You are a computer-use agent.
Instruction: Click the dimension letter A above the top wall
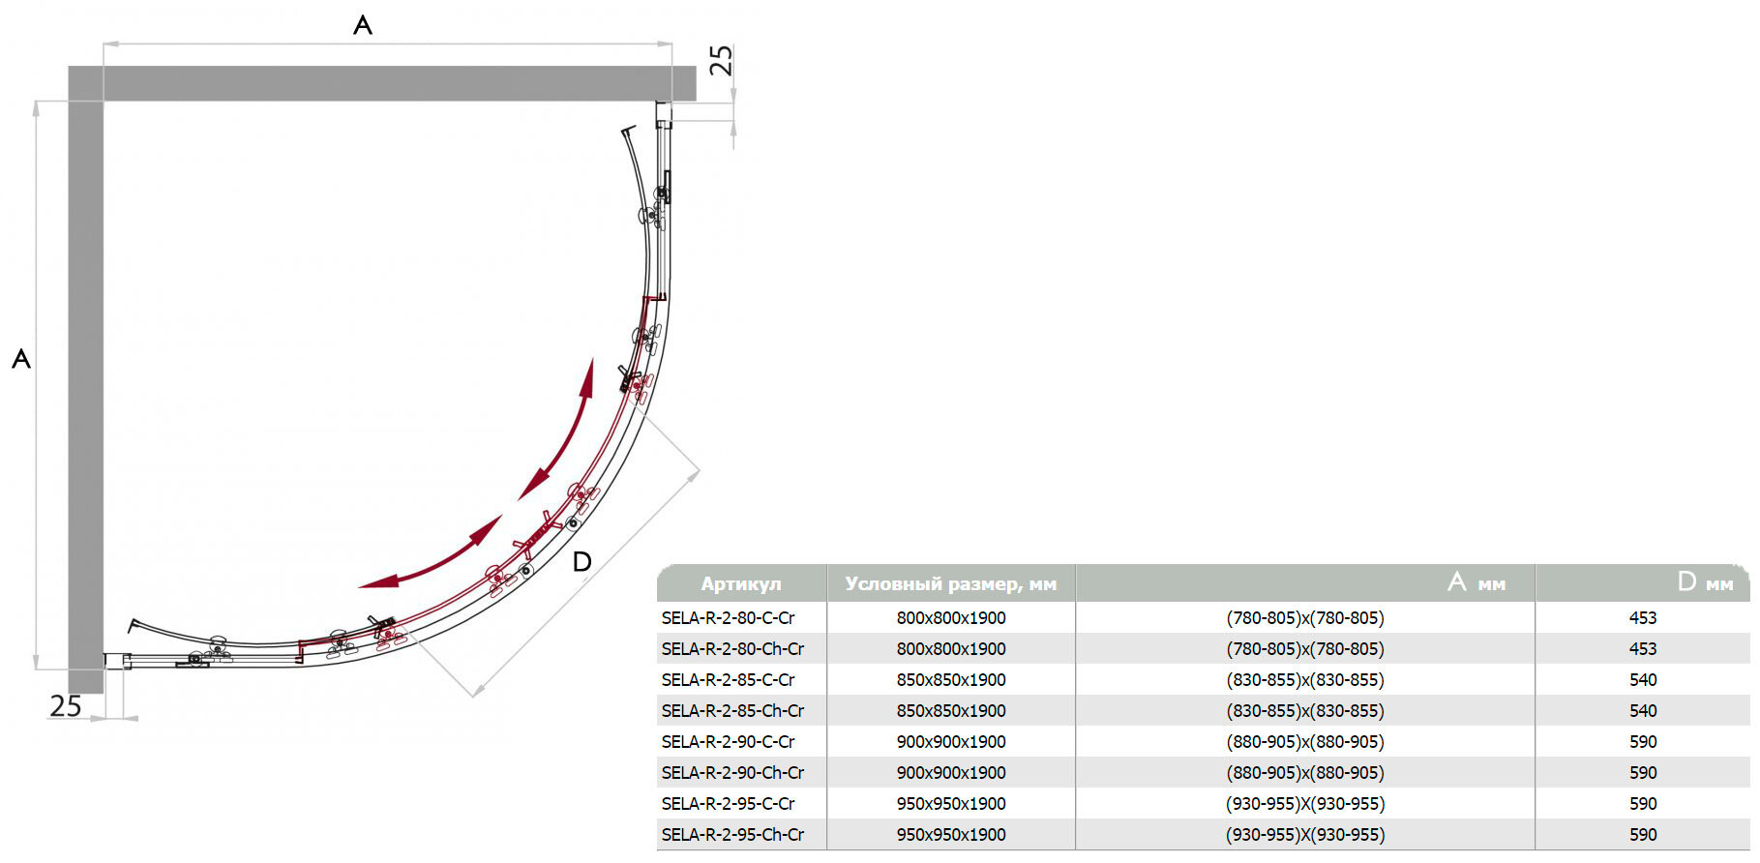363,25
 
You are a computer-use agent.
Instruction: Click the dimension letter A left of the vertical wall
21,360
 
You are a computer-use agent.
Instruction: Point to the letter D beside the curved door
582,562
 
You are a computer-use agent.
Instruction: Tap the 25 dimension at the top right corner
722,60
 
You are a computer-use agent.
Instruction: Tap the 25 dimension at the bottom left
66,706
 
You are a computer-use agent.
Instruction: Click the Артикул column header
741,584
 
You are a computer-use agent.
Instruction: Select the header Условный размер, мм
951,584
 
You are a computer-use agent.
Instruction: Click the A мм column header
1477,582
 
